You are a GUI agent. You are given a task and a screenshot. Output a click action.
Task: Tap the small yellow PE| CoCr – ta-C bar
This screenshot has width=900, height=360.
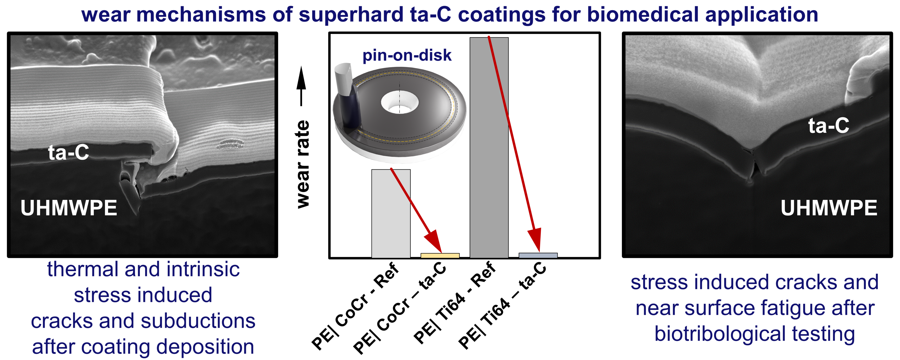440,256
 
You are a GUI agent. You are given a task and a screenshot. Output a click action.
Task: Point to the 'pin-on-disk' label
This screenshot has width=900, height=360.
407,55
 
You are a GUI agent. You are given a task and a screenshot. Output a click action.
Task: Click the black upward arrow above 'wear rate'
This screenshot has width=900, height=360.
301,86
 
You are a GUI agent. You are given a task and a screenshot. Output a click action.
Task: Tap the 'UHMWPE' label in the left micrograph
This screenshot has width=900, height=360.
69,208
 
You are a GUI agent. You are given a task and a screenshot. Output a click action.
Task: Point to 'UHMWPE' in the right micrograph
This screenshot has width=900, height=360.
829,208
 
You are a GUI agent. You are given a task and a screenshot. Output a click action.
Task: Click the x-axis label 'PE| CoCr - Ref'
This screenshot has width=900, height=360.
355,306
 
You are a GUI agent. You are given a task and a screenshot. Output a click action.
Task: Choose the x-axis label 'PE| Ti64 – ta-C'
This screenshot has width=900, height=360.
503,306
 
